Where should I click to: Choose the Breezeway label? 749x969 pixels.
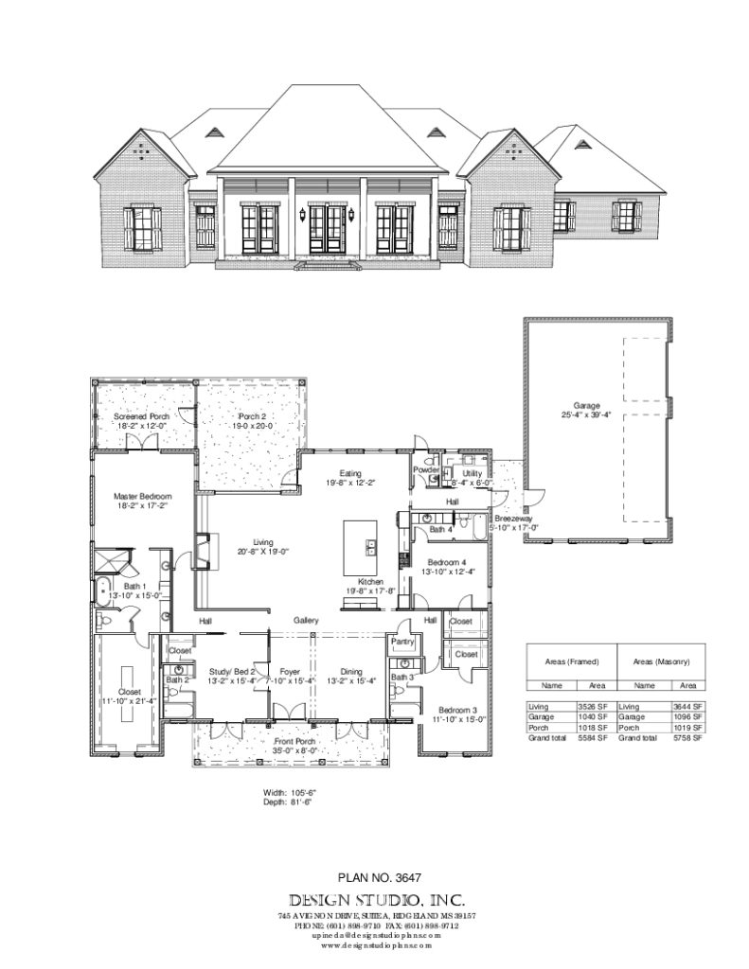tap(511, 520)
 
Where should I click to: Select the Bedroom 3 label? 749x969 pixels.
tap(457, 710)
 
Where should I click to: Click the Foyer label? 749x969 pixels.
tap(290, 671)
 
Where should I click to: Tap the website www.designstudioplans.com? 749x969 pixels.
tap(377, 944)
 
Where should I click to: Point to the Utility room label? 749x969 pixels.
tap(472, 472)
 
